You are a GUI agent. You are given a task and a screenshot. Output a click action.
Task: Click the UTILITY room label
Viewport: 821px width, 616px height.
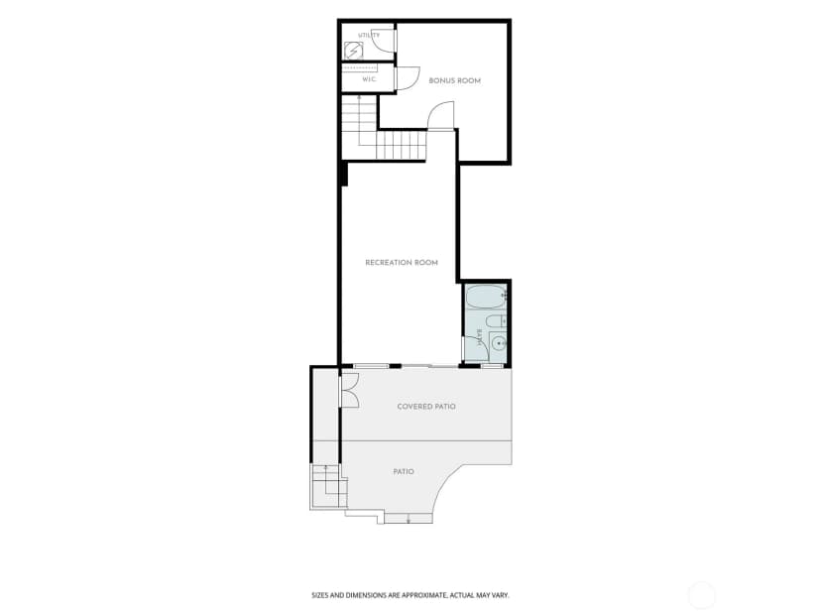369,35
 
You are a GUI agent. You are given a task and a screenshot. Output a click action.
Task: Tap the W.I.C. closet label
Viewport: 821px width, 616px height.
369,79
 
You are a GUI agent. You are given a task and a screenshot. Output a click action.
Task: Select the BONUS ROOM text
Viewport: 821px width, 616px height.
454,80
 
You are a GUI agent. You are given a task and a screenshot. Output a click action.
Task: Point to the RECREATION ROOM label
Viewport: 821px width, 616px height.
402,263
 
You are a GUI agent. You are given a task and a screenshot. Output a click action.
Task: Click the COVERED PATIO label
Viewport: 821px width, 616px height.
426,407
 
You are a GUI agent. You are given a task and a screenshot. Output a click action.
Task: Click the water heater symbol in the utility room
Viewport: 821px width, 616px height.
353,51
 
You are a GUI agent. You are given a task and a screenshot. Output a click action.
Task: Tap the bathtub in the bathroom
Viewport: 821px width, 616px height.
486,297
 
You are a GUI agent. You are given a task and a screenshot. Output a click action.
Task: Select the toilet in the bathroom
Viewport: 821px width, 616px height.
496,320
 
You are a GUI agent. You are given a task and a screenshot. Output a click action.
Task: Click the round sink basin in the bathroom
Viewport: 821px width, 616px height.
499,343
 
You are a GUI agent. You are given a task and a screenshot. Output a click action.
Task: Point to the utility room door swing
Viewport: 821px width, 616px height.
386,41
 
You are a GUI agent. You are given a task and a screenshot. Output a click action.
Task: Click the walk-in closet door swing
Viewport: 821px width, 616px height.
408,78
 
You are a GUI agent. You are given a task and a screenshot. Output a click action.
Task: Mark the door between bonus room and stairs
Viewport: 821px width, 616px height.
441,116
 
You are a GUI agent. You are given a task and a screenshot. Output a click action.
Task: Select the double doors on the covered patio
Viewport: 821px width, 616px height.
349,390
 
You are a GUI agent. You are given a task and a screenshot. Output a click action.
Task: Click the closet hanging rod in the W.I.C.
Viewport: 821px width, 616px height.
360,68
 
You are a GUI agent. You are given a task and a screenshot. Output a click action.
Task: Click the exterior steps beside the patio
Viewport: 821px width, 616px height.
328,486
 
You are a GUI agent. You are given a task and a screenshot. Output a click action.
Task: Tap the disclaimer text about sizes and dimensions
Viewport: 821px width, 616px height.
410,595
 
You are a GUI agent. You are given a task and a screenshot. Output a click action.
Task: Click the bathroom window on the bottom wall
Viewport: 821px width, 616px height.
492,366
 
